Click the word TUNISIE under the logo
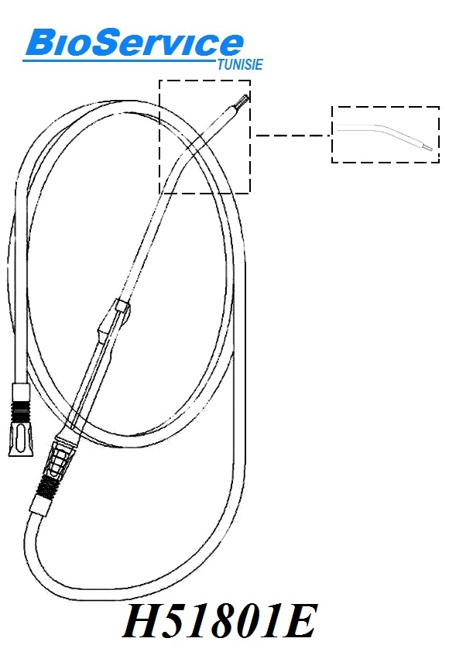point(240,64)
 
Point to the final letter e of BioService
point(231,45)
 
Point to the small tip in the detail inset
point(428,147)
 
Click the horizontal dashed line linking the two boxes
point(293,136)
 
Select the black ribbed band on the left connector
point(20,410)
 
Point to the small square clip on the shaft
point(122,307)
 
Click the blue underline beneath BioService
point(120,61)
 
